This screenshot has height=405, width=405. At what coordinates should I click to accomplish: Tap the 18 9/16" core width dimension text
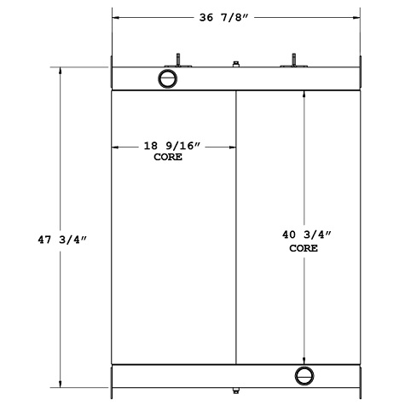tap(172, 147)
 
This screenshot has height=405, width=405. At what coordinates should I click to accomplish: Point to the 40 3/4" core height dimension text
tap(304, 234)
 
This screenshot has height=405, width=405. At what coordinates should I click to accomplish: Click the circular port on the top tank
tap(168, 78)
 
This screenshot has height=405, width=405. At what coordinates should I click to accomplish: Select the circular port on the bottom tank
tap(304, 375)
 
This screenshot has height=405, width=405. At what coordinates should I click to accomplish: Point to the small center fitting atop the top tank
tap(235, 63)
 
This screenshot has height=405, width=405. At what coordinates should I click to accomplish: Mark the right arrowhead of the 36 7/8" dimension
tap(356, 17)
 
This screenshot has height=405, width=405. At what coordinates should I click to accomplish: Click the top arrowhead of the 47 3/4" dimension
tap(60, 72)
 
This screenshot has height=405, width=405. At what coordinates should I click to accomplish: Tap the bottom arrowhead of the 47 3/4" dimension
tap(60, 384)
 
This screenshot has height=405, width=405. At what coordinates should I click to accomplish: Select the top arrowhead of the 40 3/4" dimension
tap(304, 94)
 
